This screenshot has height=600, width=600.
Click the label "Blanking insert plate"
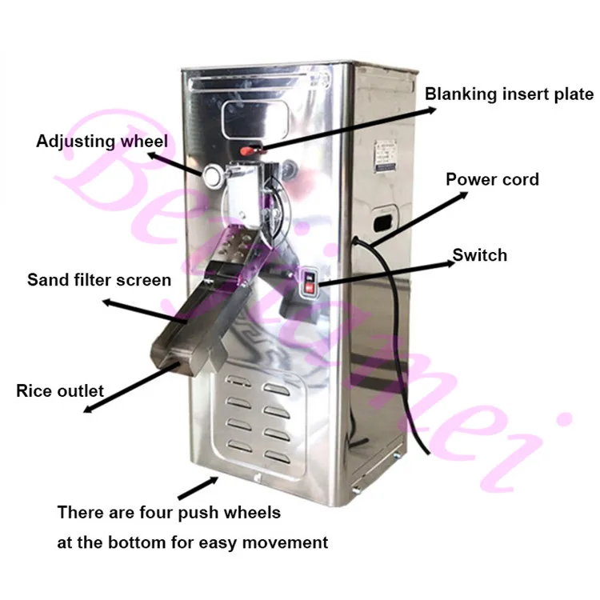click(x=509, y=94)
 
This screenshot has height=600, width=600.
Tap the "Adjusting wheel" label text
click(x=102, y=142)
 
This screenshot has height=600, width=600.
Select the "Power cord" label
click(x=492, y=179)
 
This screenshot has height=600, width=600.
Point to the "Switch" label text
click(x=480, y=255)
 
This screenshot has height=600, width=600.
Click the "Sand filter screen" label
click(x=99, y=280)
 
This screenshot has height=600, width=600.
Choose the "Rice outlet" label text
click(x=60, y=391)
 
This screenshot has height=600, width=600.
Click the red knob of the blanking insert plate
click(x=249, y=150)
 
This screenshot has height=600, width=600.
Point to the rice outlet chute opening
click(x=180, y=352)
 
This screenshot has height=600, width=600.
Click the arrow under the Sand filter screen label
click(x=144, y=310)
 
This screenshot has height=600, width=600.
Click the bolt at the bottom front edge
click(x=257, y=478)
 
